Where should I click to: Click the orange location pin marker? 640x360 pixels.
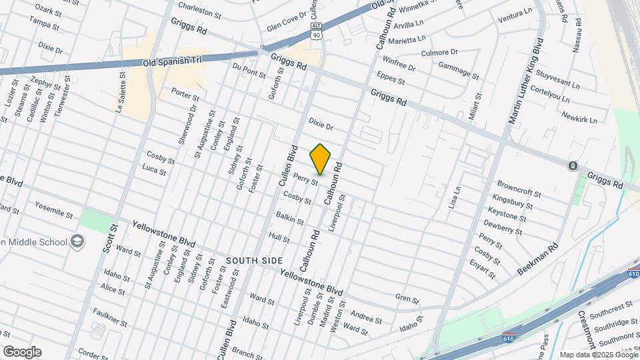click(321, 159)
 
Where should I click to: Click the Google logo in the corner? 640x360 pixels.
click(21, 351)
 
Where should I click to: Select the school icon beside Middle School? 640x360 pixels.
click(78, 241)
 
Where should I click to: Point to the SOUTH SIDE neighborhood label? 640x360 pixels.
click(254, 260)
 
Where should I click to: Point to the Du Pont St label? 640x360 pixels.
click(249, 70)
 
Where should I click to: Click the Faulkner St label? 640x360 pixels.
click(110, 317)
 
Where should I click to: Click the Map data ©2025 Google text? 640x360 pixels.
click(599, 355)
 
